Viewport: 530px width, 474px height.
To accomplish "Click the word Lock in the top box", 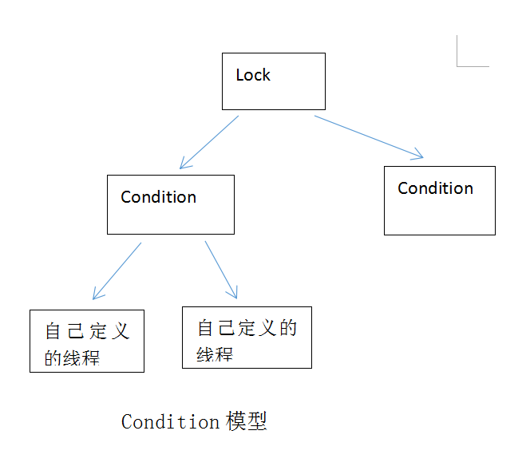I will click(253, 75).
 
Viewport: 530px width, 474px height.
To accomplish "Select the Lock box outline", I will click(274, 53).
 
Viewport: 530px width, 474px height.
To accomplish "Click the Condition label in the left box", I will click(158, 197).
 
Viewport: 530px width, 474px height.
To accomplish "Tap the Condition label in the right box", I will click(435, 188).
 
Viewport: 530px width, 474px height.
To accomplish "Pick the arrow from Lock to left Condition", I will click(209, 142).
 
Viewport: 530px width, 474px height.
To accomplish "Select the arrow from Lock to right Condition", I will click(367, 136).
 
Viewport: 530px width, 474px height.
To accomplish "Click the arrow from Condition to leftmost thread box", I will click(117, 271).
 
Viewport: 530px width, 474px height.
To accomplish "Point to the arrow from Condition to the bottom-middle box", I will click(220, 268).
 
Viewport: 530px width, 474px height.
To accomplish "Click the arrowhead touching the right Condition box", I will click(417, 155).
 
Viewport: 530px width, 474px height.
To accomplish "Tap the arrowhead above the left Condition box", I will click(184, 164).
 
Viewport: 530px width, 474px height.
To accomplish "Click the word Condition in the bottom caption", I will click(170, 421).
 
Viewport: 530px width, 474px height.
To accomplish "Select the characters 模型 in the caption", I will click(246, 421).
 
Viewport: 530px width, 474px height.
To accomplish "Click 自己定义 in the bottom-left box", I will click(87, 332).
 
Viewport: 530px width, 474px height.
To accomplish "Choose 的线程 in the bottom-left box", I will click(72, 357).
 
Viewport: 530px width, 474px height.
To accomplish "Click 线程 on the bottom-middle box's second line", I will click(215, 354).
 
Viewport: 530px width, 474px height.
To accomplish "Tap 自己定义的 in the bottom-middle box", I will click(247, 327).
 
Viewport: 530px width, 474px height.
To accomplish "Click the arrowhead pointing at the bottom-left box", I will click(97, 295).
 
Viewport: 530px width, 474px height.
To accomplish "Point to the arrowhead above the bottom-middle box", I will click(233, 292).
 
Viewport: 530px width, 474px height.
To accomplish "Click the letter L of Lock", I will click(239, 75).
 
